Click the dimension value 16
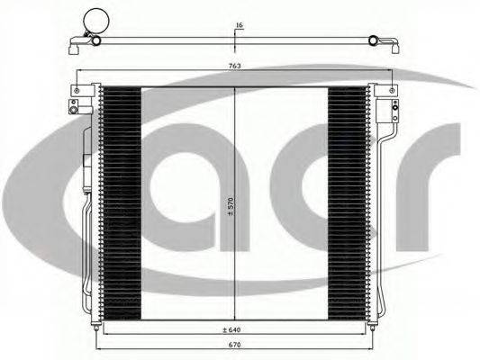click(240, 25)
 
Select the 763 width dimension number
click(235, 66)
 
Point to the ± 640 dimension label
click(231, 329)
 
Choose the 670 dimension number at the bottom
click(235, 345)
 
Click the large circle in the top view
click(96, 20)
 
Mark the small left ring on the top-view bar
click(96, 40)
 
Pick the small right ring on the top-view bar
click(373, 40)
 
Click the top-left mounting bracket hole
click(77, 91)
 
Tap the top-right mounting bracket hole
click(392, 91)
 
